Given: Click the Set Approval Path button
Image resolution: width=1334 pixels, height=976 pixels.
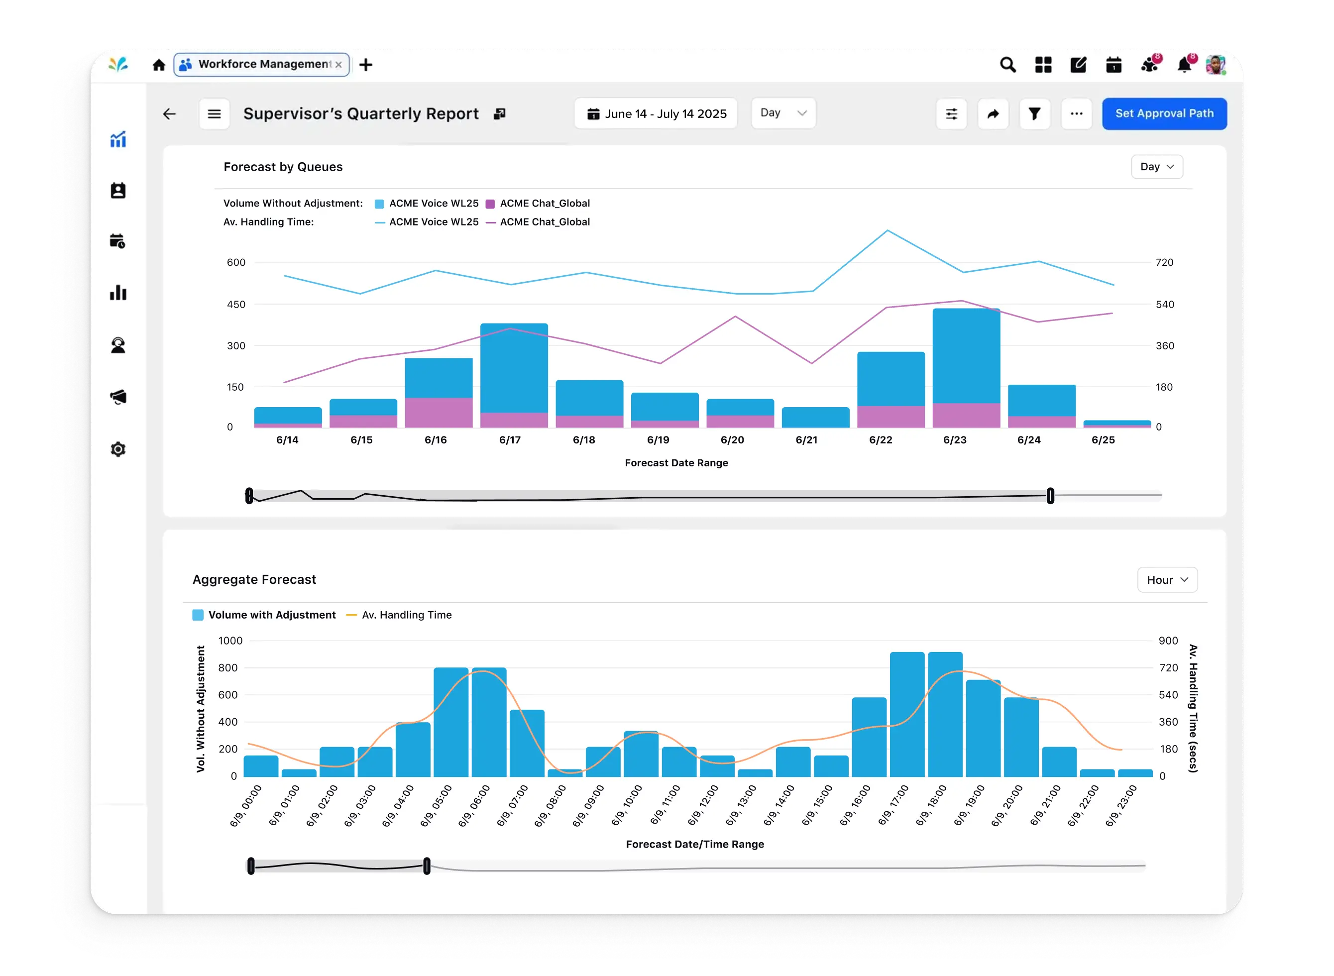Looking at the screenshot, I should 1164,113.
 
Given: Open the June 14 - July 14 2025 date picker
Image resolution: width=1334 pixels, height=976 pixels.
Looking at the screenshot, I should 656,113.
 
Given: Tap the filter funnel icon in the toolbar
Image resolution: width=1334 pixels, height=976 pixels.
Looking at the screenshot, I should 1034,113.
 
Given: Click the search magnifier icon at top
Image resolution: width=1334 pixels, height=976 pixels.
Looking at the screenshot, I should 1008,64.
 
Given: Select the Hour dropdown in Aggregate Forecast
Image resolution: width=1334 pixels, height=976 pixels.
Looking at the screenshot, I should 1167,579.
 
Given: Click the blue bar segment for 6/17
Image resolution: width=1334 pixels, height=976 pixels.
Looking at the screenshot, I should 513,366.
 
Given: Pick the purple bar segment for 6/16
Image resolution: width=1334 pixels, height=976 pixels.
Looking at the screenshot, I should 439,413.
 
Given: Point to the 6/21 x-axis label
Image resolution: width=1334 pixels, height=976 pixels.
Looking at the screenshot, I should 806,439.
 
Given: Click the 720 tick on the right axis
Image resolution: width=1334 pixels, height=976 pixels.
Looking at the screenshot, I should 1164,262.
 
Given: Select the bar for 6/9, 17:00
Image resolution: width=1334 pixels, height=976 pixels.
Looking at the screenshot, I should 907,715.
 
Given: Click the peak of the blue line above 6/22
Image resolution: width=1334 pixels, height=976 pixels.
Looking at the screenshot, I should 888,230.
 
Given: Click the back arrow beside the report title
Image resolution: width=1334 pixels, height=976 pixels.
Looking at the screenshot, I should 170,113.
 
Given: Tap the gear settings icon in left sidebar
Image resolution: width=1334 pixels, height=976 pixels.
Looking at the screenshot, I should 118,449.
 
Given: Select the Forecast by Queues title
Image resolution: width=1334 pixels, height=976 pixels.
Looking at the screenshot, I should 283,167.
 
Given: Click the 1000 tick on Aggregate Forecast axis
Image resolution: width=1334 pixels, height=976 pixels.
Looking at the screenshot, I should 230,641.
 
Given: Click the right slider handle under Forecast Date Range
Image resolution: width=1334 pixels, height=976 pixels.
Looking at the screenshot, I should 1050,496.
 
